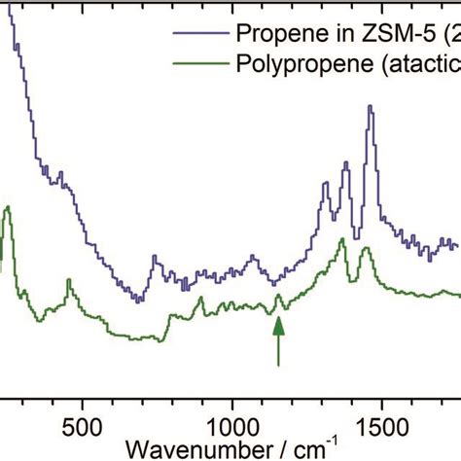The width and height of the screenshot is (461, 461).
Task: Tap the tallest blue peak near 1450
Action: (370, 108)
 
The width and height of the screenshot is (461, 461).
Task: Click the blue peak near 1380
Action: (345, 164)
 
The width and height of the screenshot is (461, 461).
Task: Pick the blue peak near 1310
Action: (325, 184)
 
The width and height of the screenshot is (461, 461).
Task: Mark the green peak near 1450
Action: (367, 250)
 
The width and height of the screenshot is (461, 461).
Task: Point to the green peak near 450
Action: (69, 281)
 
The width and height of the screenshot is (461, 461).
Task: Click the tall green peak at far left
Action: (8, 208)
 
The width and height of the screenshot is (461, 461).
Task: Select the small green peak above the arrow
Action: (279, 296)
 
